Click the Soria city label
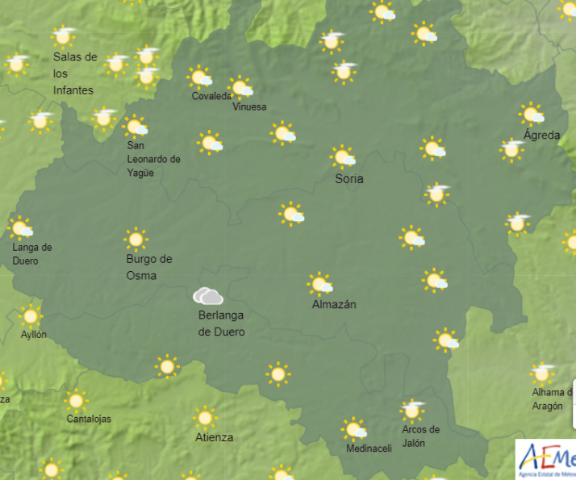[349, 179]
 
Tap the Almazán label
[334, 305]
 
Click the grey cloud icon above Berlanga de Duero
[208, 296]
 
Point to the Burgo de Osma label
[149, 267]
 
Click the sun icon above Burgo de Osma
[136, 239]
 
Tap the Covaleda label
[212, 97]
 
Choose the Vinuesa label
[248, 106]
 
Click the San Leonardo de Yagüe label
[153, 159]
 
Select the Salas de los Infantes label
[74, 73]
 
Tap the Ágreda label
[541, 135]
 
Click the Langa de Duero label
[32, 254]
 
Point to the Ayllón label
[34, 334]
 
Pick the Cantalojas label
[89, 419]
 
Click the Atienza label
[214, 437]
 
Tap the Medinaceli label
[369, 449]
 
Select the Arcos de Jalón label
[421, 436]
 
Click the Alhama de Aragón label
[549, 399]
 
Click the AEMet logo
[547, 460]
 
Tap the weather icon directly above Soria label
[343, 156]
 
